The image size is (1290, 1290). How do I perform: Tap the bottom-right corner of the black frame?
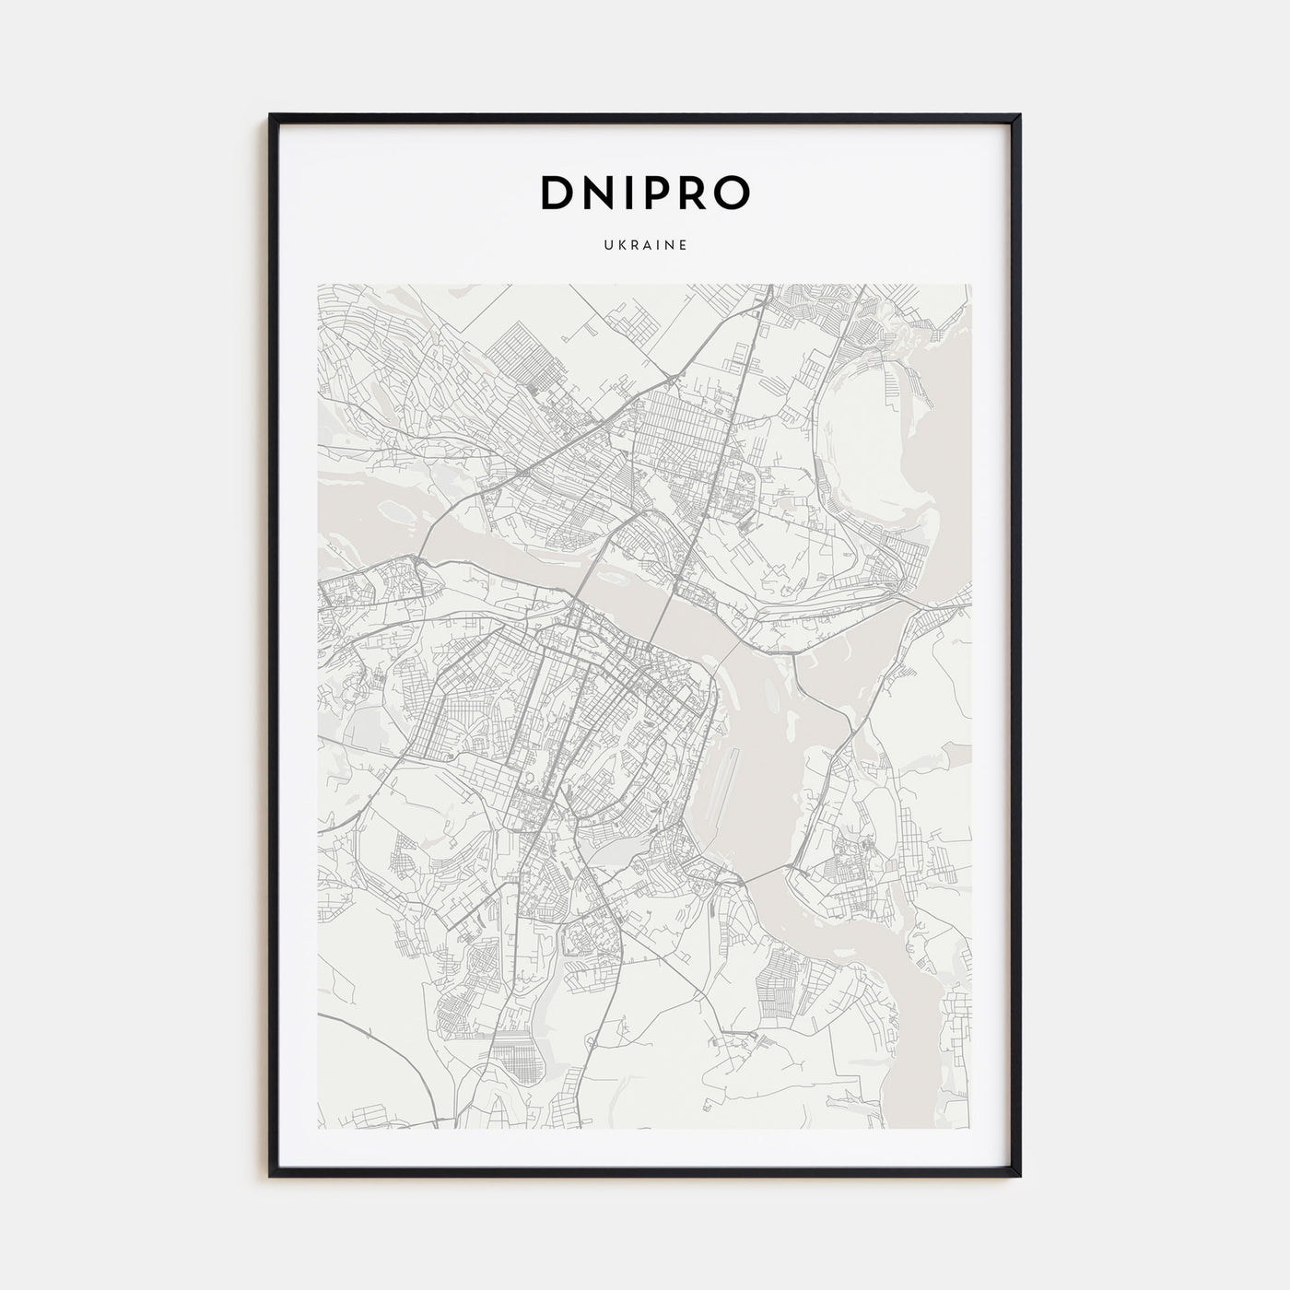[1020, 1176]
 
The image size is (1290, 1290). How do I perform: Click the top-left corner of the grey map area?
[317, 284]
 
